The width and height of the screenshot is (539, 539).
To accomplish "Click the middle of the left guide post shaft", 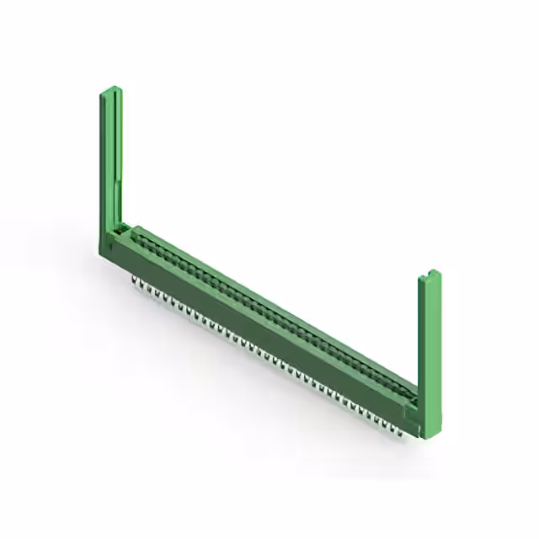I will (x=110, y=160).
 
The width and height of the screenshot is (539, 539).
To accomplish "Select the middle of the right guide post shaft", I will (x=429, y=337).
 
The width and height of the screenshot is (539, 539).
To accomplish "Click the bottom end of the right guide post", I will (x=430, y=436).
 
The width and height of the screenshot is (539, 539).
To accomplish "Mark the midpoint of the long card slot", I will (x=269, y=311).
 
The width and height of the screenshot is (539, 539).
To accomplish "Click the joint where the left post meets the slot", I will (x=123, y=227).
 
